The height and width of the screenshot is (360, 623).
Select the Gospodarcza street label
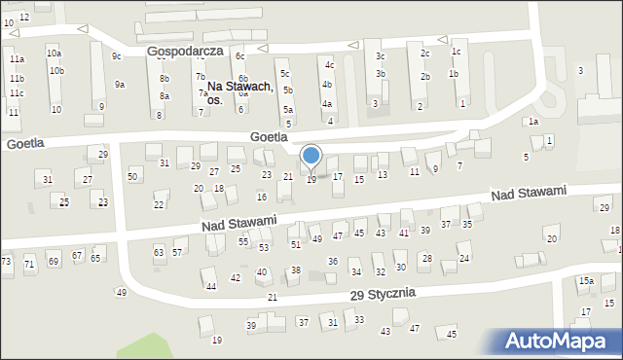pyautogui.click(x=185, y=50)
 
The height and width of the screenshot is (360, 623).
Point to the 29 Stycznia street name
pyautogui.click(x=383, y=293)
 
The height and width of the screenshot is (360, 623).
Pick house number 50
pyautogui.click(x=132, y=175)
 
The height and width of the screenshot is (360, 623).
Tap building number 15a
pyautogui.click(x=586, y=281)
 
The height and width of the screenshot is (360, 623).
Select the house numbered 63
pyautogui.click(x=159, y=252)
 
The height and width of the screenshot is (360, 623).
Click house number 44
pyautogui.click(x=210, y=286)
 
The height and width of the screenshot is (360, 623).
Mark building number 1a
pyautogui.click(x=533, y=122)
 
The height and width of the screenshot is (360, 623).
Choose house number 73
pyautogui.click(x=6, y=262)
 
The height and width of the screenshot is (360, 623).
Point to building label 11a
pyautogui.click(x=17, y=59)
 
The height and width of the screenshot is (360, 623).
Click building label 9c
pyautogui.click(x=116, y=55)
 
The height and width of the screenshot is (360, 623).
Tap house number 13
pyautogui.click(x=383, y=174)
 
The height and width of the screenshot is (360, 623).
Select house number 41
pyautogui.click(x=404, y=233)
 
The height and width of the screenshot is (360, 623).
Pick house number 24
pyautogui.click(x=464, y=258)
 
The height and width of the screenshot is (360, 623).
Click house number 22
pyautogui.click(x=159, y=204)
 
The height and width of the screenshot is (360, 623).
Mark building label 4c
pyautogui.click(x=329, y=64)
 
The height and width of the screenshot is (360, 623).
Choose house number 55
pyautogui.click(x=243, y=241)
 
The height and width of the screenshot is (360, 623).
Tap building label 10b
pyautogui.click(x=57, y=70)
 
